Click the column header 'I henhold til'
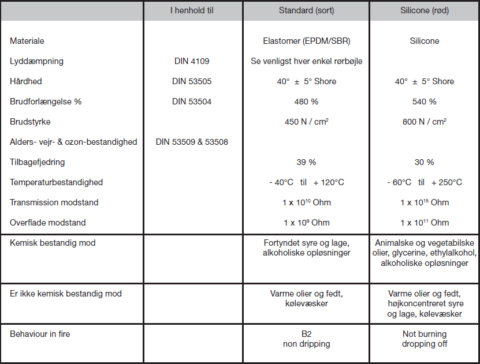(x=192, y=10)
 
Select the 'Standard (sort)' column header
(x=306, y=10)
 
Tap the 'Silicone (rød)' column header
(x=425, y=10)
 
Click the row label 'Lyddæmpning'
(x=36, y=61)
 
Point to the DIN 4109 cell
(x=192, y=61)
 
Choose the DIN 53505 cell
(x=192, y=81)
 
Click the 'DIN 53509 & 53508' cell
(x=192, y=142)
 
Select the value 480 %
(x=306, y=102)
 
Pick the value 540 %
(x=425, y=102)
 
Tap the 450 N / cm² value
(x=306, y=122)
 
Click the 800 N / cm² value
(x=425, y=122)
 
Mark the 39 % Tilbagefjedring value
(x=306, y=162)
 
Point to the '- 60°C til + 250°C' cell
(x=425, y=182)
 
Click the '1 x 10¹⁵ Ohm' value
(x=425, y=202)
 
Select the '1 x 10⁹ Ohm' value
(x=306, y=223)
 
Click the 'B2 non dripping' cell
(x=306, y=339)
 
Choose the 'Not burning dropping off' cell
(x=425, y=339)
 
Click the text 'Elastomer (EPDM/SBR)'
(x=306, y=41)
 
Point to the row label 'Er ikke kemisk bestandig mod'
(x=66, y=294)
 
